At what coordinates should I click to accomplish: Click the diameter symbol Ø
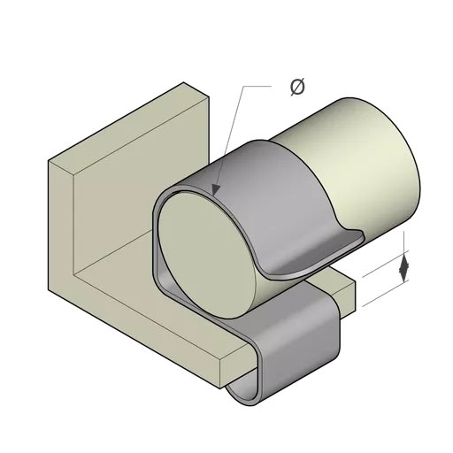pyautogui.click(x=297, y=87)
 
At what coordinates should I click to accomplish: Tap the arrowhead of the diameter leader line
pyautogui.click(x=216, y=190)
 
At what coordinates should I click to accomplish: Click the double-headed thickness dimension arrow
pyautogui.click(x=403, y=268)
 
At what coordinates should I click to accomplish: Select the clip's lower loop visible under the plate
pyautogui.click(x=241, y=393)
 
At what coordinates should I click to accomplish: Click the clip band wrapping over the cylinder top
pyautogui.click(x=265, y=183)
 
